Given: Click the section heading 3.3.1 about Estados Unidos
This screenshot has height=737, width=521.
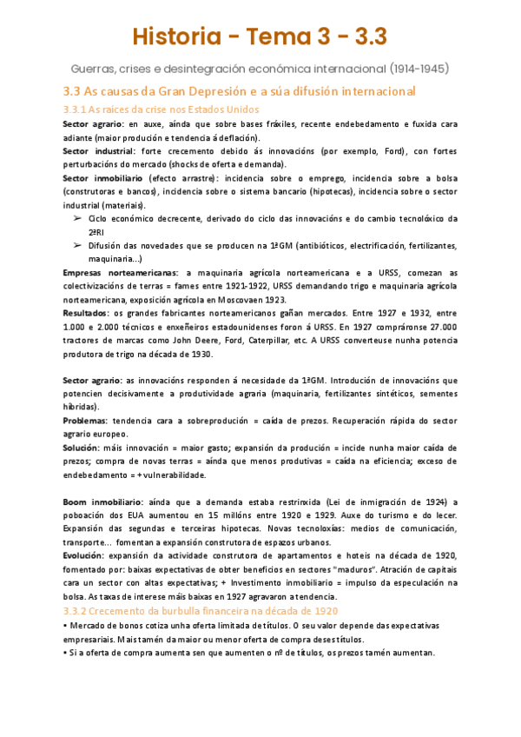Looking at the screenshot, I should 161,110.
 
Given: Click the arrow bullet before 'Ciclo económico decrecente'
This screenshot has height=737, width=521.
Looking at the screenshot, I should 76,218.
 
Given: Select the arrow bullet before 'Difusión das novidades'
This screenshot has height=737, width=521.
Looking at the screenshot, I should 76,245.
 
